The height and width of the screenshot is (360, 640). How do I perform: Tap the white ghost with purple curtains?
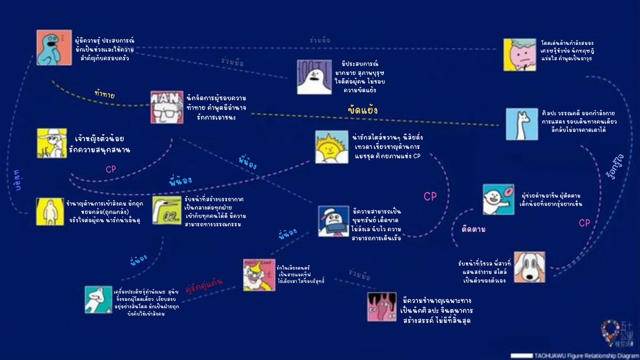click(315, 77)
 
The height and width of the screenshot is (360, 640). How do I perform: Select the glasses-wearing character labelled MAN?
click(166, 107)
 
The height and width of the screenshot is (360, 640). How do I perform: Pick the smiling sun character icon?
click(331, 147)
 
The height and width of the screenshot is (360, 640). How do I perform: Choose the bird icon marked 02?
click(167, 211)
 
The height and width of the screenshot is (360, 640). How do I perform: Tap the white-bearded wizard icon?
click(259, 275)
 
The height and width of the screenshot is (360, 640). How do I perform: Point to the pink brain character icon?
click(519, 54)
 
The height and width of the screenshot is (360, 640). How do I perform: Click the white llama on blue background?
click(522, 124)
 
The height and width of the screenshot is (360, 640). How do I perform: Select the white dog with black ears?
click(530, 267)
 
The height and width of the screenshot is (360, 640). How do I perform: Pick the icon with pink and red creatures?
click(382, 307)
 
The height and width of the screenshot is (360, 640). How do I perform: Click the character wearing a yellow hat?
click(52, 142)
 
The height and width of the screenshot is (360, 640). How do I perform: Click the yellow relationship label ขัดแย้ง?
click(363, 110)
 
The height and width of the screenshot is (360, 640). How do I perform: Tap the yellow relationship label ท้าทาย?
click(105, 94)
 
